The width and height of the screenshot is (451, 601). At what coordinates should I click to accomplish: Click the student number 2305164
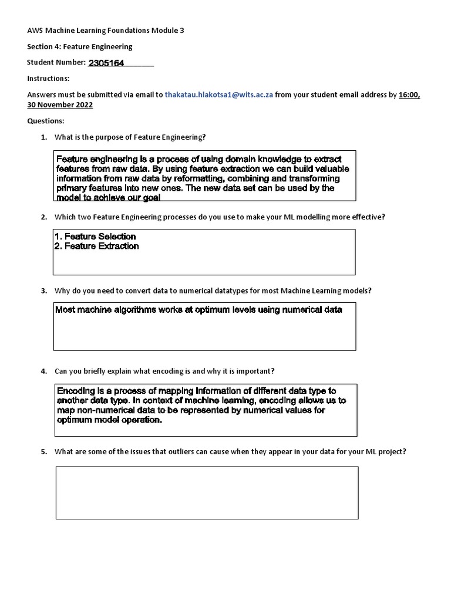coord(106,63)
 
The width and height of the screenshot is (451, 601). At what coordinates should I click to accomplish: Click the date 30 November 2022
coord(60,104)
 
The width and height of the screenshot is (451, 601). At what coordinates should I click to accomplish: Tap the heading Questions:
coord(46,120)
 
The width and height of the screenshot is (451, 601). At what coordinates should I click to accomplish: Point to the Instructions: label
coord(48,78)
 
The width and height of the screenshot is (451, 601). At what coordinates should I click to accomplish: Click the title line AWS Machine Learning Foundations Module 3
coord(106,31)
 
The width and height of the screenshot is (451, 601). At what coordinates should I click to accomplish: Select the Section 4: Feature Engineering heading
coord(80,46)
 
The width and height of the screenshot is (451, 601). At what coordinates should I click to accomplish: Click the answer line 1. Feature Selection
coord(95,237)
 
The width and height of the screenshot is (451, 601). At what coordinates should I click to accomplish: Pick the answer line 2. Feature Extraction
coord(97,247)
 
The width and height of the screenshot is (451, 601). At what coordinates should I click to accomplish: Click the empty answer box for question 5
coord(207,493)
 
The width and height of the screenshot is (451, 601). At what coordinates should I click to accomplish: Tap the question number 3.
coord(43,291)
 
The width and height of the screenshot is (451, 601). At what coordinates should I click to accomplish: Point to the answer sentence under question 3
coord(198,310)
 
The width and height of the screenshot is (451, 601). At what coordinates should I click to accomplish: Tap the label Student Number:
coord(56,62)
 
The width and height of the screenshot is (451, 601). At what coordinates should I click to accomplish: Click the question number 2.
coord(43,217)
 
